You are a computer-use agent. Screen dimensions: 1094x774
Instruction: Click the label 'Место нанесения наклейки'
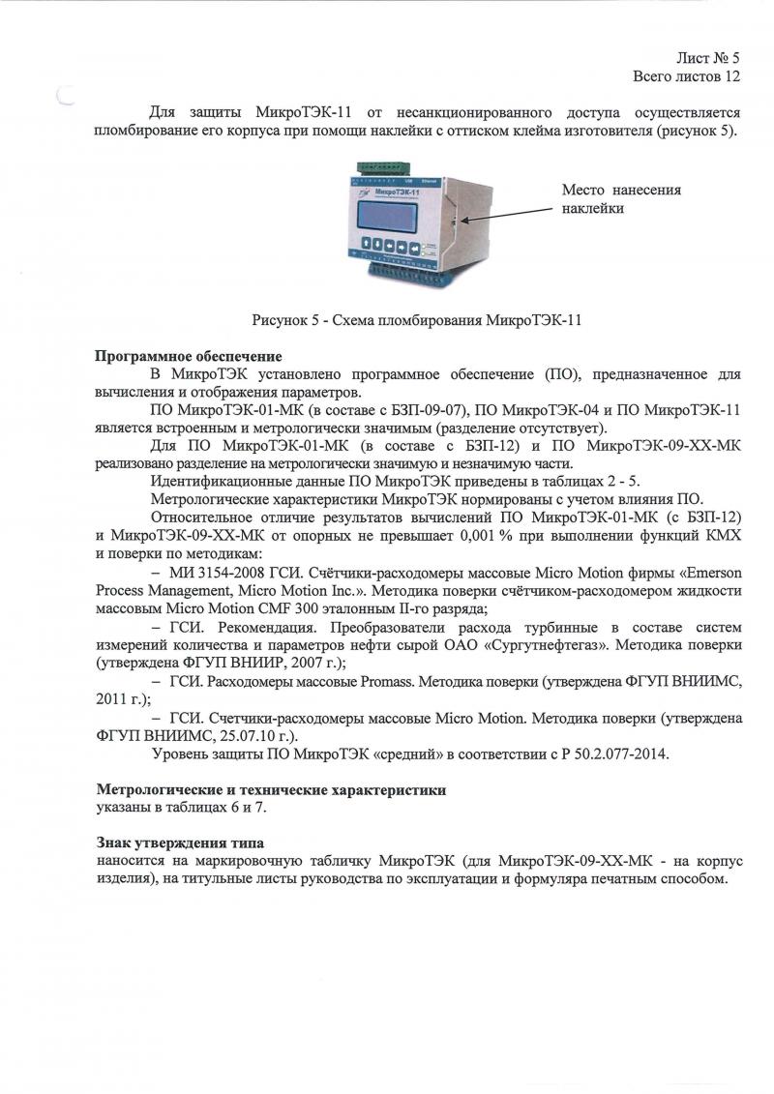click(x=621, y=198)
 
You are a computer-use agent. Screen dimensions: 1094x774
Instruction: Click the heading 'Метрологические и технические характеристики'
click(x=271, y=789)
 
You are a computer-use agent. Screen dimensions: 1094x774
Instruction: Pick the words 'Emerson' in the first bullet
click(x=713, y=573)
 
